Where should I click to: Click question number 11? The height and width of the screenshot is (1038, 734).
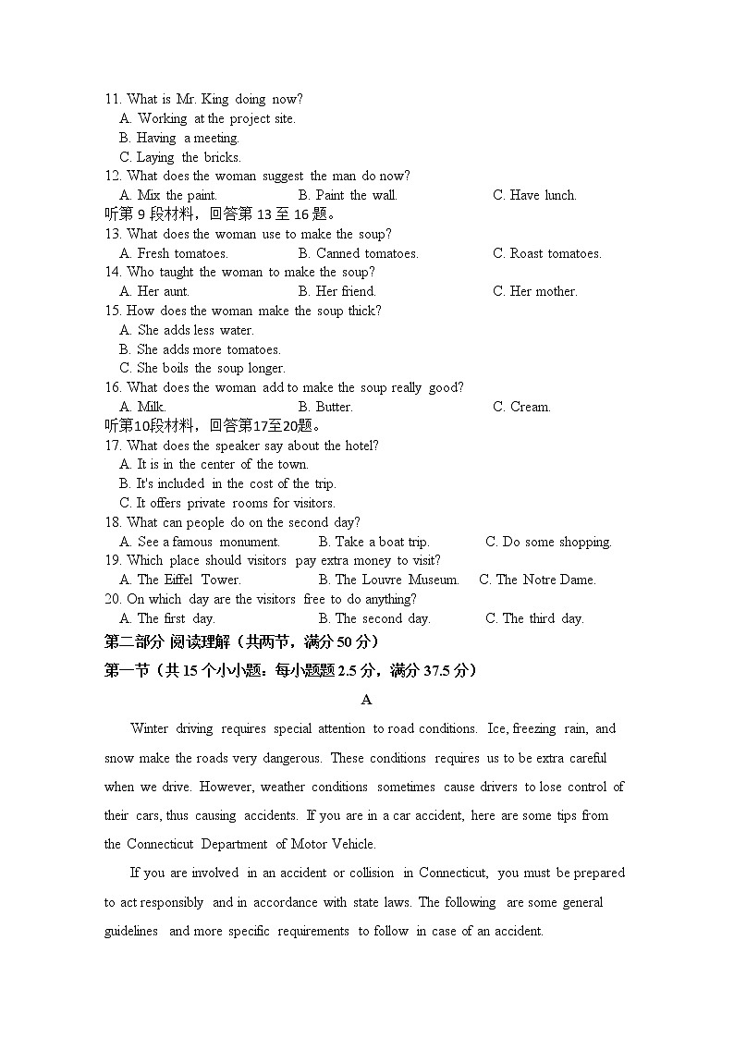point(113,99)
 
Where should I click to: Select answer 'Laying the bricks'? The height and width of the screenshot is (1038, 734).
point(180,157)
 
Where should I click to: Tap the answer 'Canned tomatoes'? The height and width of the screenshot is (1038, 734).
point(359,253)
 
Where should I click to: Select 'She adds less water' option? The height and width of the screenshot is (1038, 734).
point(187,330)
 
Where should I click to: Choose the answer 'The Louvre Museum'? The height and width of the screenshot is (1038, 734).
point(388,580)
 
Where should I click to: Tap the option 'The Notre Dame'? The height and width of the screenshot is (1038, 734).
point(537,580)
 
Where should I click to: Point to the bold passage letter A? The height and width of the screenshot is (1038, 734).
point(367,700)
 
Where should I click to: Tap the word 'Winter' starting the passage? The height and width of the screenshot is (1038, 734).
point(149,728)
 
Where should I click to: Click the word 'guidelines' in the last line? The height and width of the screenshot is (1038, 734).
point(131,931)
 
